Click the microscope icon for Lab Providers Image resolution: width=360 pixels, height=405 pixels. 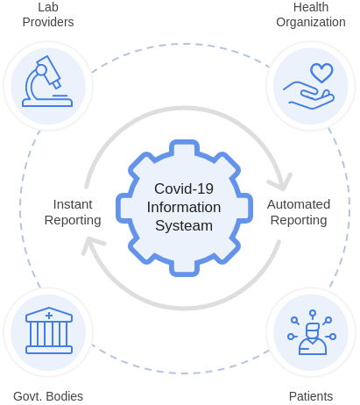[47, 82]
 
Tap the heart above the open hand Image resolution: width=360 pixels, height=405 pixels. [321, 73]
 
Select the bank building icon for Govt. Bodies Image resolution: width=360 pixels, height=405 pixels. [49, 330]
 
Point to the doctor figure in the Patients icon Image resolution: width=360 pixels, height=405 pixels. [312, 339]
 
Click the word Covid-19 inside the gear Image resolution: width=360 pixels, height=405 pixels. [184, 188]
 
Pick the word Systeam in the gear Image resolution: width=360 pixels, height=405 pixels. [184, 226]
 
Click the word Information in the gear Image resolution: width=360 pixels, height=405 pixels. [184, 207]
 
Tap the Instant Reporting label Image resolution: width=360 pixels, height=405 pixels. [73, 212]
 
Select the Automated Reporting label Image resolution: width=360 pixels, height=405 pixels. [299, 212]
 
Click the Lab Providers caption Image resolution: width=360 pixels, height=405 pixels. [48, 15]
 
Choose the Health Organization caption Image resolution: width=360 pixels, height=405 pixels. [311, 15]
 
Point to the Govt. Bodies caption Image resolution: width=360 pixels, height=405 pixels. [48, 396]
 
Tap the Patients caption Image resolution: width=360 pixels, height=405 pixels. [311, 396]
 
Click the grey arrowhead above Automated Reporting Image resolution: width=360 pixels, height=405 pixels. [281, 182]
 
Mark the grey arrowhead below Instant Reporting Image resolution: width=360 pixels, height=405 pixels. [92, 245]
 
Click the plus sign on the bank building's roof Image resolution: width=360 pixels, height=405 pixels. [49, 316]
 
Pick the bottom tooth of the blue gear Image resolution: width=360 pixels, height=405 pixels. [184, 268]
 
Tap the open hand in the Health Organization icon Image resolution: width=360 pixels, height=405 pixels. [308, 96]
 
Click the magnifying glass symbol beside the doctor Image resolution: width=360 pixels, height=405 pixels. [295, 321]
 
